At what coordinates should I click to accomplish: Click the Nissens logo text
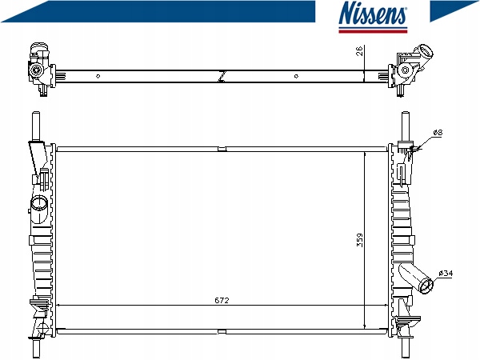(x=373, y=13)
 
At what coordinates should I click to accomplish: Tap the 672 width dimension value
(x=222, y=300)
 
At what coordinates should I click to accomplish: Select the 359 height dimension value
(x=360, y=240)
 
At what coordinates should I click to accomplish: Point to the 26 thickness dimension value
(x=359, y=50)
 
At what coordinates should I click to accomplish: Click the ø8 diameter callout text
(x=438, y=133)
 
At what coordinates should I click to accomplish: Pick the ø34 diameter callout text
(x=446, y=273)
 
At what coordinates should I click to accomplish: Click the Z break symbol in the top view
(x=222, y=76)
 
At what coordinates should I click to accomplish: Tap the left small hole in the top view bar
(x=98, y=76)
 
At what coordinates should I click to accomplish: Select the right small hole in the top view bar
(x=296, y=76)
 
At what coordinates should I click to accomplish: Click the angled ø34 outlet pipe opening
(x=426, y=286)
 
